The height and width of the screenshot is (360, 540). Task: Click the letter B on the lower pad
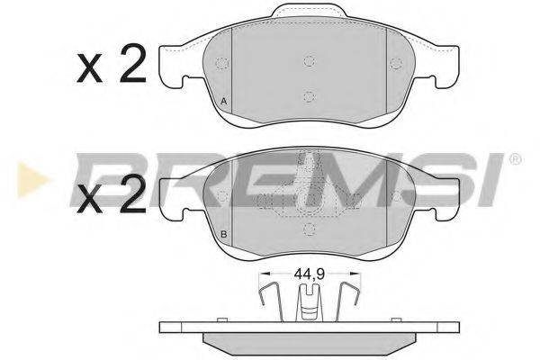[x=222, y=235]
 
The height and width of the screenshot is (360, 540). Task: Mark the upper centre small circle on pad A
[x=308, y=61]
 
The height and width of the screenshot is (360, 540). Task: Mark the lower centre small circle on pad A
[x=308, y=97]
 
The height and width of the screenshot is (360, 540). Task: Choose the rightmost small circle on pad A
[x=394, y=63]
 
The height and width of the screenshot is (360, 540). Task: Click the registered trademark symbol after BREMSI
[x=515, y=161]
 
